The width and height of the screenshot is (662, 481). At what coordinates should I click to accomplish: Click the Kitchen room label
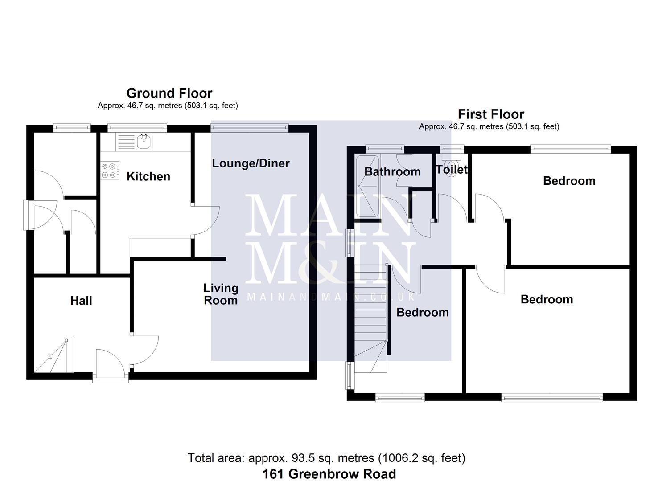(x=148, y=176)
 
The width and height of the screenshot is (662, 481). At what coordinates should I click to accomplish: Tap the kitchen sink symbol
(x=144, y=142)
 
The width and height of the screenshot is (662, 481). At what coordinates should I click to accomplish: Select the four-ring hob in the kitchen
(x=110, y=171)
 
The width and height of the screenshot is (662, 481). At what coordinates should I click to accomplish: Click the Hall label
(x=81, y=301)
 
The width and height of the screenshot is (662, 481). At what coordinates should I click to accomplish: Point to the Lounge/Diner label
(x=251, y=163)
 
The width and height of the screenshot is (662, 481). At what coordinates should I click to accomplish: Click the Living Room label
(x=221, y=294)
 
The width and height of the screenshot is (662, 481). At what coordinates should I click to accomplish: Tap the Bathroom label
(x=392, y=171)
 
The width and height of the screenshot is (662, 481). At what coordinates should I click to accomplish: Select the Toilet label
(x=452, y=169)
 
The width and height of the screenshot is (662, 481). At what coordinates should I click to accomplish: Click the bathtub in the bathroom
(x=367, y=186)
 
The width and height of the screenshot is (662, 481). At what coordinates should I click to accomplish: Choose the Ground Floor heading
(x=169, y=93)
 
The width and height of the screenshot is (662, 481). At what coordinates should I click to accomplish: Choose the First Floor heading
(x=491, y=114)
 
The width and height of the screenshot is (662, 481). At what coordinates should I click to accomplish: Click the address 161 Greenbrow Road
(x=329, y=474)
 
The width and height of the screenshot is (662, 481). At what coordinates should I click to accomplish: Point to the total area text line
(x=326, y=458)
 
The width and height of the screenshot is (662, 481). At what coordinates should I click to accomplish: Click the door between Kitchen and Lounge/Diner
(x=205, y=220)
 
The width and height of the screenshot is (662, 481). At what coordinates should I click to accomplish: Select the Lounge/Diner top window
(x=250, y=128)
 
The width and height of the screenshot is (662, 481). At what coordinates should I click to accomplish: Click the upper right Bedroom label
(x=569, y=181)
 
